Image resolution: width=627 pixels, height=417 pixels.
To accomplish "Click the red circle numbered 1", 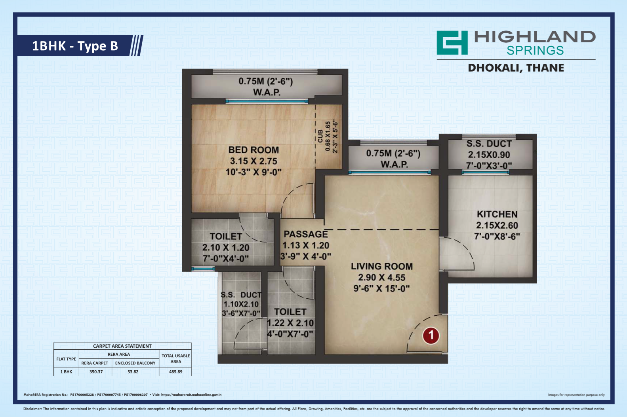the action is [431, 335].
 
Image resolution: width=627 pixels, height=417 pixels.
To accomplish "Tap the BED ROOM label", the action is [253, 150].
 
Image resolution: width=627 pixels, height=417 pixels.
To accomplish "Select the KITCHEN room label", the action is [497, 214].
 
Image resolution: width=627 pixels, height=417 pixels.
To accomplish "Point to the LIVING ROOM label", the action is [382, 266].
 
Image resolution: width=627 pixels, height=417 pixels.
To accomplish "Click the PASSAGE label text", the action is [306, 234].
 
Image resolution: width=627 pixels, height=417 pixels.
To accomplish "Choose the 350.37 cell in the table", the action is [96, 372].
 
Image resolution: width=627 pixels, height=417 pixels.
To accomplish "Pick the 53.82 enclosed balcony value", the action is [133, 372].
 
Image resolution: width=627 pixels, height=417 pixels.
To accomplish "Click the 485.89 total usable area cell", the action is [175, 372].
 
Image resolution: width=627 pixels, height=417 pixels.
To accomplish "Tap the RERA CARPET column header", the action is [95, 363].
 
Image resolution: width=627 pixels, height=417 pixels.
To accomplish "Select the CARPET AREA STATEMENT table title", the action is [122, 346].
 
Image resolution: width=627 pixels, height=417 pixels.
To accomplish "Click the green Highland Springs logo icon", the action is [452, 42].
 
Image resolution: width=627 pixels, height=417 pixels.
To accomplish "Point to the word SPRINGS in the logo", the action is [535, 50].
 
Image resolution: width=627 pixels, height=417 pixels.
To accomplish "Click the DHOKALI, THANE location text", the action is [516, 68].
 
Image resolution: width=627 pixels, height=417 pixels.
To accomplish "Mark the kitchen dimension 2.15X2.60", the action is [497, 226].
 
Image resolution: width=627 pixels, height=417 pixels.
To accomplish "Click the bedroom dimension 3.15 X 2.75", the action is [253, 161].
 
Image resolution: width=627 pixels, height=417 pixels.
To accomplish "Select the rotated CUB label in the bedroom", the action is [320, 136].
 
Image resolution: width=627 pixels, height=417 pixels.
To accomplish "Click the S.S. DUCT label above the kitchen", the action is [489, 144].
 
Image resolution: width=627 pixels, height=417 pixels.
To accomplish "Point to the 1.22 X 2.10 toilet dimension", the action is [290, 323].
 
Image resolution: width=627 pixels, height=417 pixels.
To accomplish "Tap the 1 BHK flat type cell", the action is [66, 372].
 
